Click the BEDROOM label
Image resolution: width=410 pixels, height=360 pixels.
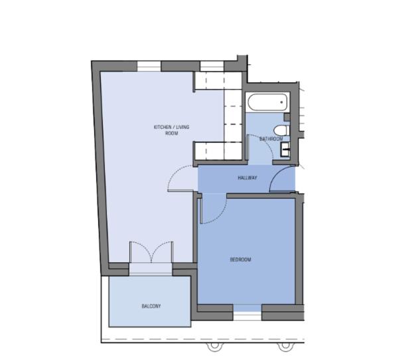[240, 260]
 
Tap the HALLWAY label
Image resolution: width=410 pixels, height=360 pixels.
[247, 178]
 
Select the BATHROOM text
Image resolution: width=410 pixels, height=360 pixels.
[271, 139]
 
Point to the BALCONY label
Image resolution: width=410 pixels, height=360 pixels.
[151, 306]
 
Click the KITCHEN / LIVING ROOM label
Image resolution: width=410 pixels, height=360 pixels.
[172, 130]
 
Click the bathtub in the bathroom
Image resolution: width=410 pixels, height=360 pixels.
[267, 102]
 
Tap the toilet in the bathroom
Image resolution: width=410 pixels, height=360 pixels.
[281, 130]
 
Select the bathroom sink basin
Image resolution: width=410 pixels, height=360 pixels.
[285, 149]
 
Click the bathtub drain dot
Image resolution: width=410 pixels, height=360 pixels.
[281, 102]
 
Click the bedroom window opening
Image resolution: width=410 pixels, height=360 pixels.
[247, 312]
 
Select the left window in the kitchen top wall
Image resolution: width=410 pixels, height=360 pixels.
[149, 66]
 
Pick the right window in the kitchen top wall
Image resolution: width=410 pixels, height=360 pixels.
[212, 66]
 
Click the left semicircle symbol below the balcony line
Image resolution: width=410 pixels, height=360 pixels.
[215, 347]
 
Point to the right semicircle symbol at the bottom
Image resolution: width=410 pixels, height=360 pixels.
[285, 347]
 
